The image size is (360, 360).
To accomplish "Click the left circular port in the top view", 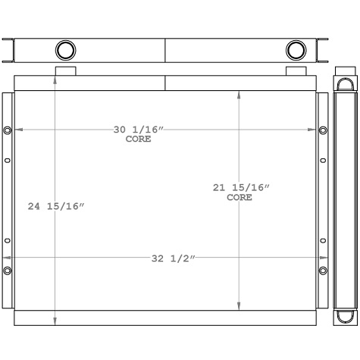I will coord(66,51).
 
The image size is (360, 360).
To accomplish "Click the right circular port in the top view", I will coord(296,51).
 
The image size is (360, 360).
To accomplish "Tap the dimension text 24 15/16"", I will coord(56,206).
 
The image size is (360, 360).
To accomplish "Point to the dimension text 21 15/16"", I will coord(240,187).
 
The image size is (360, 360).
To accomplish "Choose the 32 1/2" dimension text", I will coord(173,258).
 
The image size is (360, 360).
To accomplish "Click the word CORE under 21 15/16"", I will coord(239,197).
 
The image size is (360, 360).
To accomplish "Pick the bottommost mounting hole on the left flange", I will coord(8,271).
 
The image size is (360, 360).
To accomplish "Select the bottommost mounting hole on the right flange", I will coord(324,271).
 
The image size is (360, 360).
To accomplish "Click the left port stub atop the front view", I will coord(66,71).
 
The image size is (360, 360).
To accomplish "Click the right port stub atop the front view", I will coord(296,71).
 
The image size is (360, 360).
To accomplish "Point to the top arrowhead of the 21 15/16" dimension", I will coord(240,95).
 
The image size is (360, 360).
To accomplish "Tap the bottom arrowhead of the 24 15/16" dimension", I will coord(55,322).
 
